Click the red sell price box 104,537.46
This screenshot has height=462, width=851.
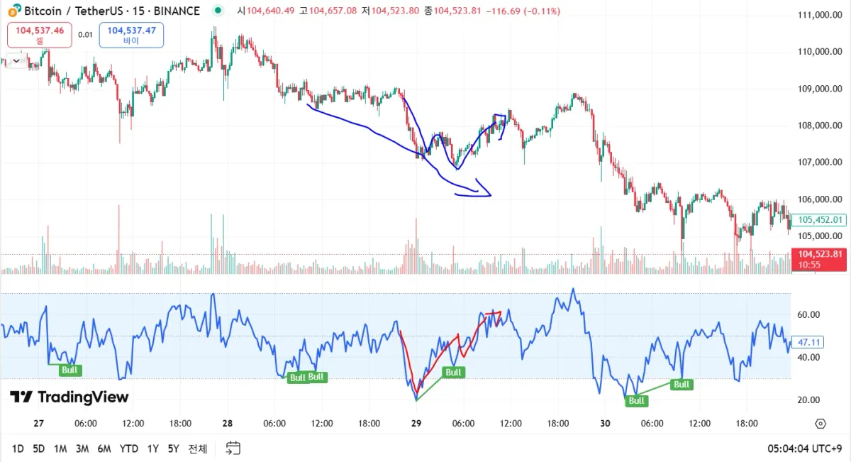coord(40,35)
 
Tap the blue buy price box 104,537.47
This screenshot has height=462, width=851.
coord(131,35)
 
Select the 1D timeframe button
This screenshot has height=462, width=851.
coord(18,449)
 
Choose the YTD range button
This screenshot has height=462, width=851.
coord(129,449)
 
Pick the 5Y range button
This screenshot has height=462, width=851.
coord(173,449)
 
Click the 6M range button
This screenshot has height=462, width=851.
coord(104,449)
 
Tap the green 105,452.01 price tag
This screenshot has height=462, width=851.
coord(819,220)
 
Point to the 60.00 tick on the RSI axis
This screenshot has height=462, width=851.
coord(809,314)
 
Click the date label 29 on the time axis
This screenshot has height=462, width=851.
coord(416,424)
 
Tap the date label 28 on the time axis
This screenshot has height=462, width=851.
coord(227,424)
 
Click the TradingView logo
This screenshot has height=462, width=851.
coord(69,397)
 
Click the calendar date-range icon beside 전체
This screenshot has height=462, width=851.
coord(233,448)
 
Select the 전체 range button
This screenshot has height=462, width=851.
coord(198,449)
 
